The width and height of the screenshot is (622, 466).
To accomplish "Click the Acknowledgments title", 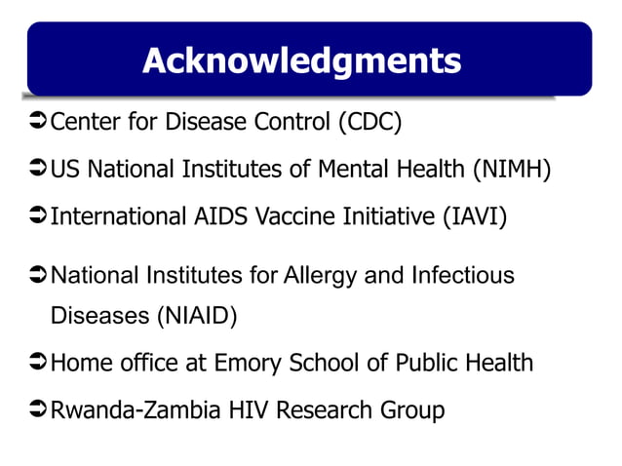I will point(301,60).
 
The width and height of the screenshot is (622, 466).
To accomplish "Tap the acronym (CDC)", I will point(369,124).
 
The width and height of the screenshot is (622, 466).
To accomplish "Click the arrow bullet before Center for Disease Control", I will point(37,124).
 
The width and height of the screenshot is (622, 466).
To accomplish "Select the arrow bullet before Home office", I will point(37,364).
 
